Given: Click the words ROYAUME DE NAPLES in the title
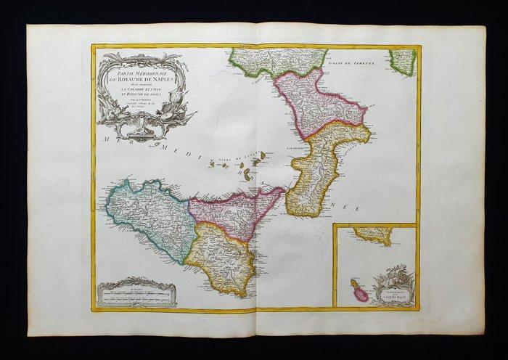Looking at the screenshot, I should (x=140, y=72).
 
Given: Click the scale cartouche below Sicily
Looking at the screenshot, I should (x=136, y=294).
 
